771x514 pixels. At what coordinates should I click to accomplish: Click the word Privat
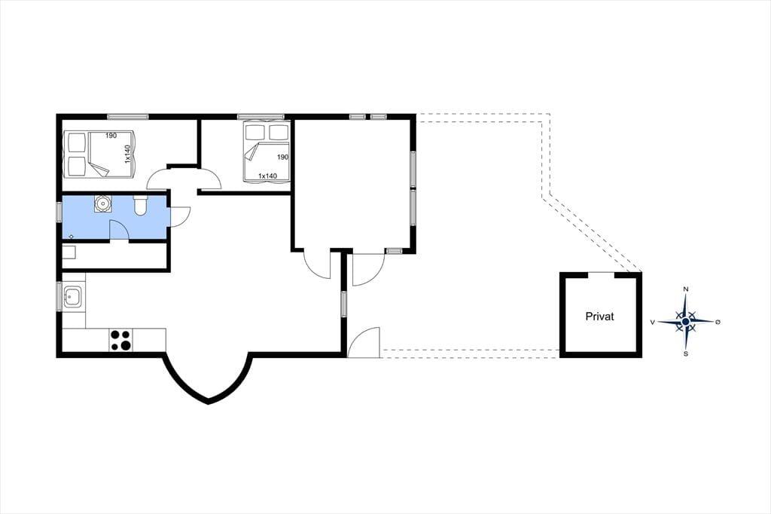tap(600, 317)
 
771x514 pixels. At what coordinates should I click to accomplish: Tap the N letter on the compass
tap(686, 289)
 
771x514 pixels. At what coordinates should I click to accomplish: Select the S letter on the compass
tap(686, 353)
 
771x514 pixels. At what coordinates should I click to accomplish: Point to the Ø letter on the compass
tap(718, 322)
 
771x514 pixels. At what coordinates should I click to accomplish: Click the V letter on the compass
tap(653, 322)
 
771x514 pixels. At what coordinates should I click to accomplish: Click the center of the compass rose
tap(685, 322)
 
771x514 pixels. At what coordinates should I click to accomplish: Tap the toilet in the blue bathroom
tap(140, 205)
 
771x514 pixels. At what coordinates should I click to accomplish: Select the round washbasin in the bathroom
tap(102, 203)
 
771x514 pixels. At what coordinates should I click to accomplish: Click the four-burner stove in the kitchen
tap(121, 340)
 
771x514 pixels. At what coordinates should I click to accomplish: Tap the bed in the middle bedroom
tap(266, 152)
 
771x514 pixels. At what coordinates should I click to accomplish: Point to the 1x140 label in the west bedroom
tap(126, 154)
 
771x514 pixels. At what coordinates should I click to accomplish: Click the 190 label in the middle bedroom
tap(282, 157)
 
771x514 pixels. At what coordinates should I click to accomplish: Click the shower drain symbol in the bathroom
tap(72, 237)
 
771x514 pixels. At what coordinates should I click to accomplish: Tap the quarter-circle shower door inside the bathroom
tap(118, 230)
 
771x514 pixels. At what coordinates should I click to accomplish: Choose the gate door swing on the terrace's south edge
tap(364, 342)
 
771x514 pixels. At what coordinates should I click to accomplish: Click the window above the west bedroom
tap(128, 117)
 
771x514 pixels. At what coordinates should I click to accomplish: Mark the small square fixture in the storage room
tap(69, 252)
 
